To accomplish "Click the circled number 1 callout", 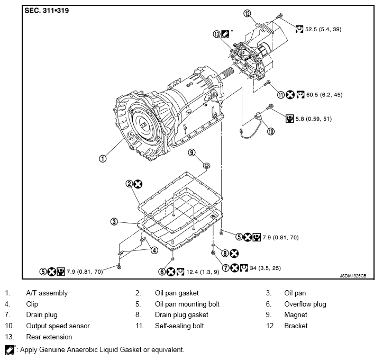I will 103,157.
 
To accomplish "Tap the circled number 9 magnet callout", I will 192,152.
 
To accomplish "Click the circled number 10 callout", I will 270,132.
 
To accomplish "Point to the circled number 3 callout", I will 114,221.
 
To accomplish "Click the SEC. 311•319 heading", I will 47,10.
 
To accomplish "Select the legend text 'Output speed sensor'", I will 58,326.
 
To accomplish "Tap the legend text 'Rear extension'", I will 49,337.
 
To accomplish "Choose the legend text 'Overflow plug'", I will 305,304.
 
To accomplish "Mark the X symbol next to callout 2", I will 138,184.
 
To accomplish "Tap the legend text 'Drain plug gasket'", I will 181,315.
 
